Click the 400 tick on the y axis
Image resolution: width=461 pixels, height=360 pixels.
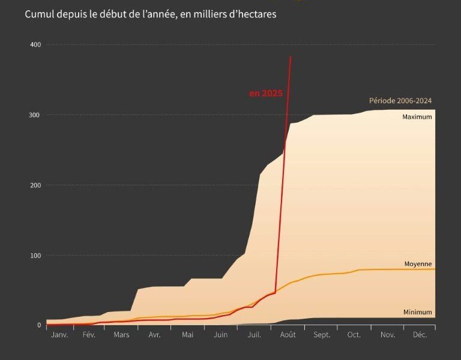(x=35, y=45)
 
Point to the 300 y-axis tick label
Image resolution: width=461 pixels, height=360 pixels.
(x=35, y=115)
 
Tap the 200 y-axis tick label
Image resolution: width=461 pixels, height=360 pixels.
(x=35, y=185)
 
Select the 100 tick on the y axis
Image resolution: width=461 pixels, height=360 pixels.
(x=35, y=256)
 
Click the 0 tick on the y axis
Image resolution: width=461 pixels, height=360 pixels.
(x=39, y=325)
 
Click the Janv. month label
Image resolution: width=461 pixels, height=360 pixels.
(x=59, y=335)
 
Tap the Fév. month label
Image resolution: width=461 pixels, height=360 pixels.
(x=89, y=335)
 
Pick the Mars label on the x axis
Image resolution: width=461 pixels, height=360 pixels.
(x=121, y=335)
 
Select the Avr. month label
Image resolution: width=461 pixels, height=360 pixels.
(x=154, y=335)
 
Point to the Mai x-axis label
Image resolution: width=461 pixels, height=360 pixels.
(x=187, y=335)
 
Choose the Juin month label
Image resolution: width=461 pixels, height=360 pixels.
(x=220, y=335)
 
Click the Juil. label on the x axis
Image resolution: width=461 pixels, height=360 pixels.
(x=253, y=335)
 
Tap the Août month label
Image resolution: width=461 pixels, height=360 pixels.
(x=288, y=335)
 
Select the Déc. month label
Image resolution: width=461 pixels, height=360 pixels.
(x=420, y=335)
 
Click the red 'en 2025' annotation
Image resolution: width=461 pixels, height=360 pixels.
(x=265, y=94)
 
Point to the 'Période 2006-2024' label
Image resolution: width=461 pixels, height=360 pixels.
(x=400, y=101)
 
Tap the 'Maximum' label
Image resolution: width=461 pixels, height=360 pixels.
(x=417, y=117)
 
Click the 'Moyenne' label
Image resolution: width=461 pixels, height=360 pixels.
(x=418, y=264)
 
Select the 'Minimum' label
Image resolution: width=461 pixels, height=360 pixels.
(x=417, y=312)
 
